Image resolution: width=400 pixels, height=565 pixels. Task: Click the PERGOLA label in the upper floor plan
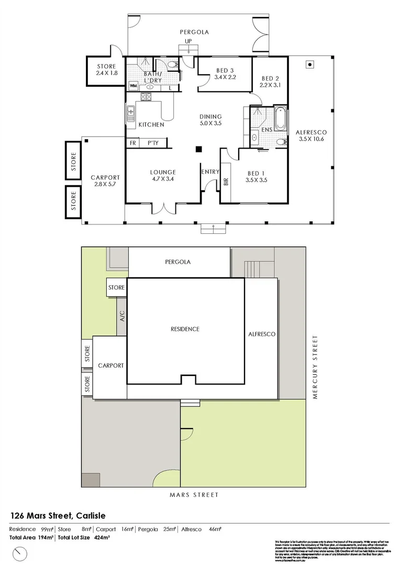194,32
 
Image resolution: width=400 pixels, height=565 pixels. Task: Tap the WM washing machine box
133,85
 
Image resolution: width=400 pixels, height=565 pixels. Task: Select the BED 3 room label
225,74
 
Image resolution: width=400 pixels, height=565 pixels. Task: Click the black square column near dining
198,149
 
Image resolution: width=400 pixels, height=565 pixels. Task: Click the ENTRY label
210,172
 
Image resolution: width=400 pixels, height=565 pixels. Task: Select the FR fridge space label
132,143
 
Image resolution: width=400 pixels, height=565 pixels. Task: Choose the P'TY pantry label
153,143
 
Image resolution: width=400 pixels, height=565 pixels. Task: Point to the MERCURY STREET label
316,368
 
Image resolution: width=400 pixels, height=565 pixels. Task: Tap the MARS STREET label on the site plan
193,494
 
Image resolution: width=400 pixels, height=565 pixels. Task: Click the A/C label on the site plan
121,315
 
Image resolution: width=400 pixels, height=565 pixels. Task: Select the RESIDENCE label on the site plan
185,329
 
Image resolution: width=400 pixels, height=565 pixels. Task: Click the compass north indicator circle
20,552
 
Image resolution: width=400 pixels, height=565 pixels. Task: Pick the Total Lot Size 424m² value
84,537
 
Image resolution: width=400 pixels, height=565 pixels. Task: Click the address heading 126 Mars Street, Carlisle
62,515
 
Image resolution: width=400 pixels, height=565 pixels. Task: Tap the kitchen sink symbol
131,110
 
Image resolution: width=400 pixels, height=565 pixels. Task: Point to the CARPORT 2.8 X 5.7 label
105,181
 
